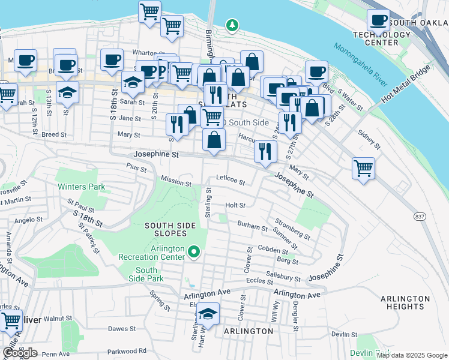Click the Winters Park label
pyautogui.click(x=81, y=187)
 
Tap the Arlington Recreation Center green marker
pyautogui.click(x=194, y=253)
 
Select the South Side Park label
pyautogui.click(x=146, y=274)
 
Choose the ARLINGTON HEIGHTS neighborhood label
pyautogui.click(x=406, y=302)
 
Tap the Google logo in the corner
pyautogui.click(x=20, y=352)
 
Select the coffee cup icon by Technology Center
pyautogui.click(x=378, y=21)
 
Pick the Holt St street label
pyautogui.click(x=235, y=205)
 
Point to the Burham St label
pyautogui.click(x=252, y=227)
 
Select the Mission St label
pyautogui.click(x=176, y=181)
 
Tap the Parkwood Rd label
pyautogui.click(x=126, y=351)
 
